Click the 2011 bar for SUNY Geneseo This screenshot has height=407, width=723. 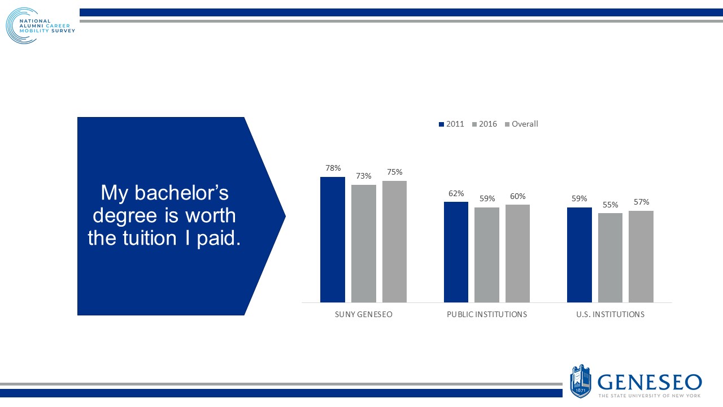(x=332, y=240)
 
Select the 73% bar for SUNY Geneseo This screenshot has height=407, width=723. (x=363, y=244)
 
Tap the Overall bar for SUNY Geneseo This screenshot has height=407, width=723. (x=394, y=241)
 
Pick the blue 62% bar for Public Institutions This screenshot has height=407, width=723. (x=456, y=252)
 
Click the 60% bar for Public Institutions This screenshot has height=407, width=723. (x=517, y=253)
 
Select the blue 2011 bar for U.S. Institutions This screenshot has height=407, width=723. (x=579, y=255)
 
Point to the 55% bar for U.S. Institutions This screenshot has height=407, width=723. (x=610, y=258)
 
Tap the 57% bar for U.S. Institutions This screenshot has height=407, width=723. (x=641, y=257)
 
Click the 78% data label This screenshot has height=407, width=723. (x=333, y=168)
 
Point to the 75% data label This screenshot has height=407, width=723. (x=394, y=172)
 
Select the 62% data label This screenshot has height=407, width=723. (x=456, y=193)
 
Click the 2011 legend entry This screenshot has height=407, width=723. (x=451, y=124)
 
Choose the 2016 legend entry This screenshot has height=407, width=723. (x=484, y=124)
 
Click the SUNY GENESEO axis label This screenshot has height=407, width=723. (x=363, y=314)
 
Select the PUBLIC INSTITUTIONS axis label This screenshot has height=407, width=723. (x=486, y=314)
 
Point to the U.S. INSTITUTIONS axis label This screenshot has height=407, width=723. (x=610, y=314)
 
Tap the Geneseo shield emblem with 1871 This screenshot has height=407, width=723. (x=581, y=381)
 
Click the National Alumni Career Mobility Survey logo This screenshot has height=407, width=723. (x=40, y=26)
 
